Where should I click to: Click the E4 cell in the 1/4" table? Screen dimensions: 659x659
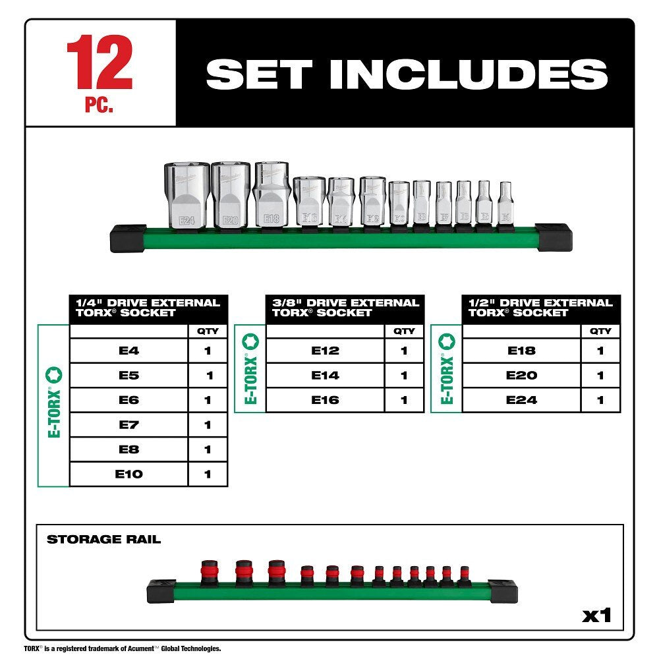pos(129,351)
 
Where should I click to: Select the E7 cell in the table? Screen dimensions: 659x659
pos(129,425)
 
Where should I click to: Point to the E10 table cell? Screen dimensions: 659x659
pos(129,474)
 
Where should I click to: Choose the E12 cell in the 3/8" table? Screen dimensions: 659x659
pos(325,351)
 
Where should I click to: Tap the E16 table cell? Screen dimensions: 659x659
pos(325,400)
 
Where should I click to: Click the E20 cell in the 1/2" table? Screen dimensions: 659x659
pos(521,376)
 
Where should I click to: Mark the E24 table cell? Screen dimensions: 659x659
pos(521,400)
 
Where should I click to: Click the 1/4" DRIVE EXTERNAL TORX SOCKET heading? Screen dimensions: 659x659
pos(148,308)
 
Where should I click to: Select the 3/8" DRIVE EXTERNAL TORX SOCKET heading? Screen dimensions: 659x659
pos(345,308)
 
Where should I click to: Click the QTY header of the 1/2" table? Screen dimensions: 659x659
pos(600,331)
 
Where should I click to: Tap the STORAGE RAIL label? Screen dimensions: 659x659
pos(103,540)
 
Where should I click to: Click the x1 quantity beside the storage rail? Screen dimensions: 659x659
pos(596,616)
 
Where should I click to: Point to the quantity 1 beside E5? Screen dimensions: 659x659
pos(209,376)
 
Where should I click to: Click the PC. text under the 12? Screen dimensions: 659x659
pos(99,106)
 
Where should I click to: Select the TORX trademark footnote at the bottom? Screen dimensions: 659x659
pos(122,649)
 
